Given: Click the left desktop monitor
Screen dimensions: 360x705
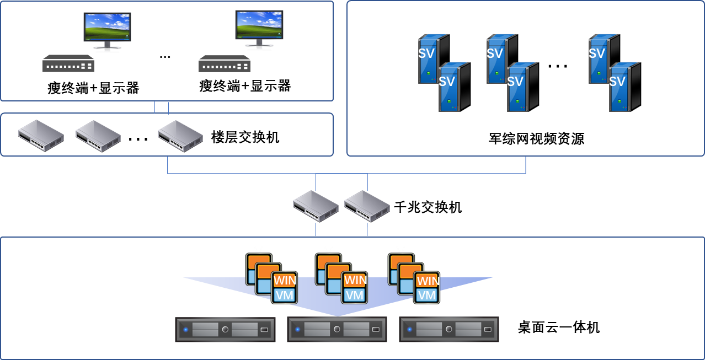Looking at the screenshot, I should click(x=107, y=28).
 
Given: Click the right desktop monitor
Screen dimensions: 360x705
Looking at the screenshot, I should click(x=259, y=25).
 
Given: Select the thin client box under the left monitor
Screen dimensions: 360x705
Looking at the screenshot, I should click(x=68, y=64).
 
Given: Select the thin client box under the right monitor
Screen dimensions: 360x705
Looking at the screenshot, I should click(x=225, y=64).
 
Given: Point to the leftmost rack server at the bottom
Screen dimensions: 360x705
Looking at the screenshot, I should click(x=225, y=330).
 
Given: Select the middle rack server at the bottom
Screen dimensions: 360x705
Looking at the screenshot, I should click(x=337, y=330).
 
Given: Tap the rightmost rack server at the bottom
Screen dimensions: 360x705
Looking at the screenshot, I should click(x=449, y=330).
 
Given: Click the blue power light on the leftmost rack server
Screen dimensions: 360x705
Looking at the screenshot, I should click(x=186, y=330).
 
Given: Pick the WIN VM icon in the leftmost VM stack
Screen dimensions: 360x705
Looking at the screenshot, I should click(x=285, y=287).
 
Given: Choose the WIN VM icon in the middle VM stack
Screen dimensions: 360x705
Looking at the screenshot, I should click(x=355, y=287).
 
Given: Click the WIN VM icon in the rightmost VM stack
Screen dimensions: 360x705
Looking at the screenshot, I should click(x=427, y=287).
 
